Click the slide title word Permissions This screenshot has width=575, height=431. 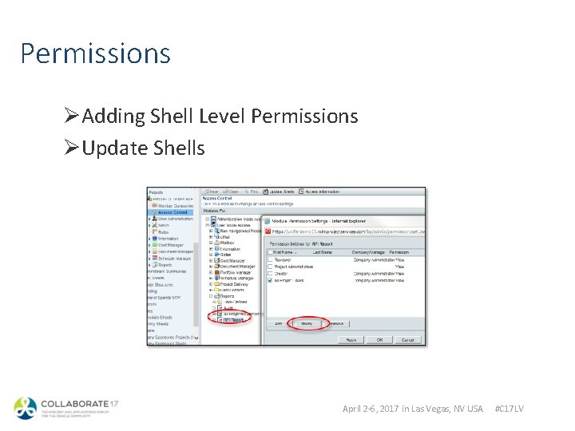[95, 54]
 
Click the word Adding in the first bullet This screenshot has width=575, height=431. [112, 117]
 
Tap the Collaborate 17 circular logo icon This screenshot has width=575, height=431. [25, 408]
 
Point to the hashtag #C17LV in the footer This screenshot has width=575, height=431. [509, 409]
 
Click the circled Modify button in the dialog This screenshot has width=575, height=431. [307, 323]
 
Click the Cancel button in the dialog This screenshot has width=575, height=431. [407, 339]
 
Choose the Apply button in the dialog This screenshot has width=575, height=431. [351, 339]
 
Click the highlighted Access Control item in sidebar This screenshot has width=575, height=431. [172, 212]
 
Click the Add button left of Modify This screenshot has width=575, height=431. [280, 323]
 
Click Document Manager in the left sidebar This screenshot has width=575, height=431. [176, 251]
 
